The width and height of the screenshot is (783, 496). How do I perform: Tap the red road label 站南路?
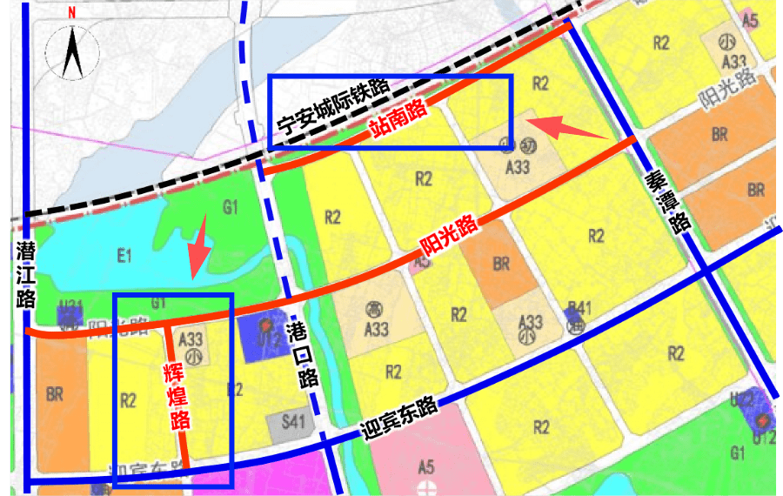[398, 119]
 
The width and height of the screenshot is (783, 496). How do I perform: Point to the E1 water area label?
[124, 256]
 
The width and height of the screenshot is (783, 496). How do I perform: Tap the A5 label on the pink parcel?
[425, 466]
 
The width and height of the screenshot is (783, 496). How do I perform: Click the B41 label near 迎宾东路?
[579, 306]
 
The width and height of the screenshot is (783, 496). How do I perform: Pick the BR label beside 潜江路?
[55, 394]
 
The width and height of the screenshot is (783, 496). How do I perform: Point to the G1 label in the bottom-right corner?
[739, 453]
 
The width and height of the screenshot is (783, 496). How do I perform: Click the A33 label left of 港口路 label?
[191, 340]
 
